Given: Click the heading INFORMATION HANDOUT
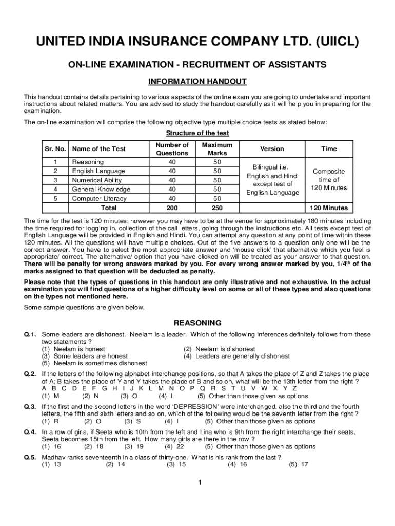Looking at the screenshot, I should click(197, 82).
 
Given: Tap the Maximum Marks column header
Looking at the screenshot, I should click(217, 149).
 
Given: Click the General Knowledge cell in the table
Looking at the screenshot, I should click(101, 189).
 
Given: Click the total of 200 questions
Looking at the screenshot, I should click(172, 208).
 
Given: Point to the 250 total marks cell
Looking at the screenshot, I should click(217, 208).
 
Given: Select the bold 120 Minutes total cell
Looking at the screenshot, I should click(329, 208).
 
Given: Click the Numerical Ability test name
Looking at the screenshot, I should click(97, 180).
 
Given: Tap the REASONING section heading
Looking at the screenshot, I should click(197, 323).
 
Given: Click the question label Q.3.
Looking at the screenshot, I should click(30, 406).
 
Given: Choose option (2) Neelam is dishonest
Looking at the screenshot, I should click(219, 349).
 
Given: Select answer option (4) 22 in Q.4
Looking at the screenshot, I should click(174, 446).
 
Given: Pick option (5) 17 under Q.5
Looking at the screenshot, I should click(298, 464).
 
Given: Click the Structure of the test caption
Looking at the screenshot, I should click(197, 133).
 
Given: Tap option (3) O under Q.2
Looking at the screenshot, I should click(129, 396).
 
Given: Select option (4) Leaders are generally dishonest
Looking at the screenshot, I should click(236, 356).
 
